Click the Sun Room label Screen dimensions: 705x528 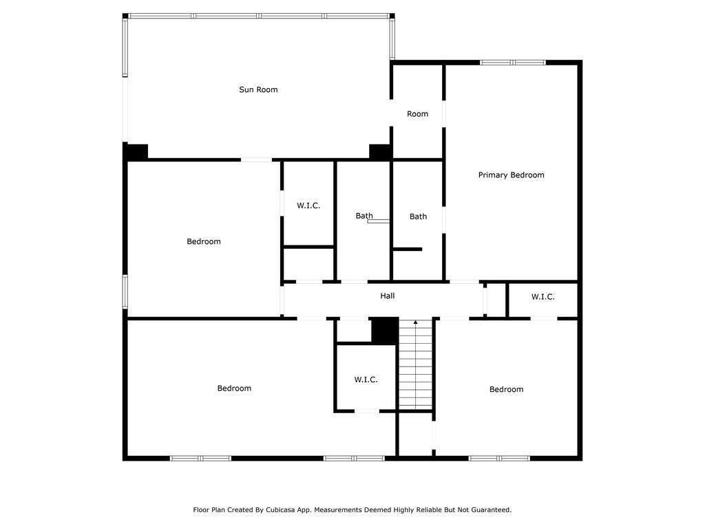coord(258,90)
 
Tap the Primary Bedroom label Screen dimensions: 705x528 coord(512,175)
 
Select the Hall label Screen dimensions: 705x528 coord(388,296)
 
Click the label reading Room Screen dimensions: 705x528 coord(417,114)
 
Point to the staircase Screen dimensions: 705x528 coord(416,364)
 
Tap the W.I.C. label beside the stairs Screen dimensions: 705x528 coord(366,379)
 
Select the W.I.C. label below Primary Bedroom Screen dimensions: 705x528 coord(543,297)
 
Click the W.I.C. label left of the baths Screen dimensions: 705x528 coord(308,206)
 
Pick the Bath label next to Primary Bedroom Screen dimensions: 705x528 coord(418,217)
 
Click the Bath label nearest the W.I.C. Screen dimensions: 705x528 coord(364,216)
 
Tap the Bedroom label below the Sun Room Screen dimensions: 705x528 coord(204,241)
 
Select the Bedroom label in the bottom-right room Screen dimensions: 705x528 coord(506,389)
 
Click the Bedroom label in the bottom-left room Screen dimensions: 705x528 coord(234,388)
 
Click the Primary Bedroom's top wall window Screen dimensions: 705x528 coord(512,63)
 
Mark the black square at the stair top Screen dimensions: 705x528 coord(385,330)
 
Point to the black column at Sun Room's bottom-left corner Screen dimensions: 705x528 coord(136,151)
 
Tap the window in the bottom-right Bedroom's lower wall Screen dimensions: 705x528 coord(499,459)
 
